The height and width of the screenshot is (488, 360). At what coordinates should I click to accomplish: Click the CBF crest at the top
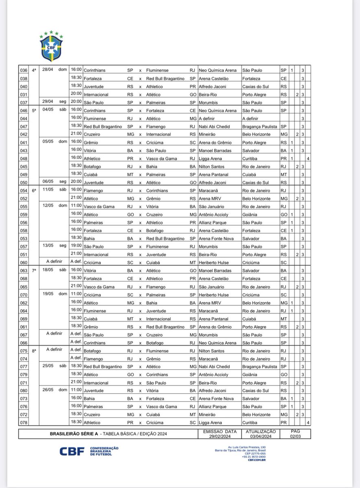(x=51, y=46)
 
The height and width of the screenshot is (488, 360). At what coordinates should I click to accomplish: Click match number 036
(x=24, y=70)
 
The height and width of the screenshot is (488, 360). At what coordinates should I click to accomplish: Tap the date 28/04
(x=48, y=70)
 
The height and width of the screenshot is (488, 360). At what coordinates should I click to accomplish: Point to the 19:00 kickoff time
(x=76, y=246)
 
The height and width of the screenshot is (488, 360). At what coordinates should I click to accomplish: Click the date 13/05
(x=48, y=246)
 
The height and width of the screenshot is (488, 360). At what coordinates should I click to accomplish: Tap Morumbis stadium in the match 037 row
(x=208, y=102)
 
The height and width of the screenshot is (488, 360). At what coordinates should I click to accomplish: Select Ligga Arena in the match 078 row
(x=210, y=423)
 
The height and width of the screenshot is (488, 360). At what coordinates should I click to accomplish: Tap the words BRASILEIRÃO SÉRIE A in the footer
(x=71, y=434)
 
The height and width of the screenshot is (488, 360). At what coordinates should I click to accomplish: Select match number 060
(x=24, y=263)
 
